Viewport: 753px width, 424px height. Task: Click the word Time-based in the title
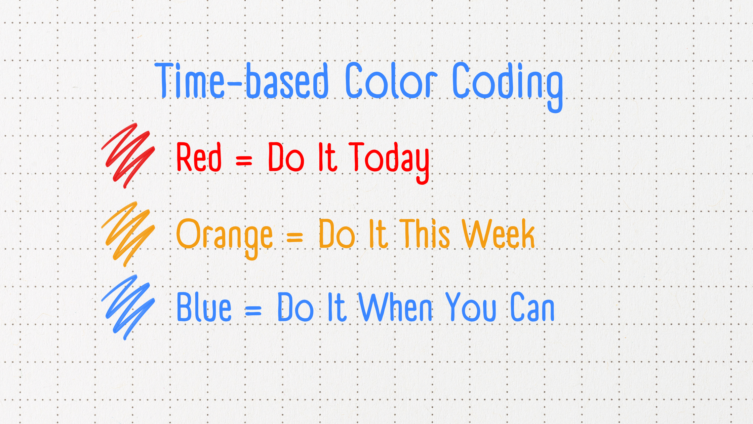[x=242, y=80]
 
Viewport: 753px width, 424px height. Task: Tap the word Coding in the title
[x=508, y=87]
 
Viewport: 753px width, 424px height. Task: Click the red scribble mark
[x=128, y=155]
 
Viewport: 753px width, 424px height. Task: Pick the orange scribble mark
[x=128, y=234]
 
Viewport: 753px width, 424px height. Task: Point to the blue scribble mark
[x=128, y=307]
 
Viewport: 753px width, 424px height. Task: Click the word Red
[x=199, y=157]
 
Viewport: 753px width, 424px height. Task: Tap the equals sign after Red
[x=244, y=161]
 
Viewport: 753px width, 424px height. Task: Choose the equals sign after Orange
[x=295, y=237]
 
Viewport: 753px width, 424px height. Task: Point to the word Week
[x=498, y=234]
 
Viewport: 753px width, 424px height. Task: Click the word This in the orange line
[x=425, y=234]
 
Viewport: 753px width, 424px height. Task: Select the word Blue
[x=204, y=307]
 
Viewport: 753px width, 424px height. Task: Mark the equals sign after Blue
[x=253, y=310]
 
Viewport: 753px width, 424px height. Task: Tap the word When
[x=396, y=307]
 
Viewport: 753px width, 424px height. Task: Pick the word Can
[x=532, y=307]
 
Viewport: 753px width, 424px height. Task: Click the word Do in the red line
[x=286, y=157]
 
